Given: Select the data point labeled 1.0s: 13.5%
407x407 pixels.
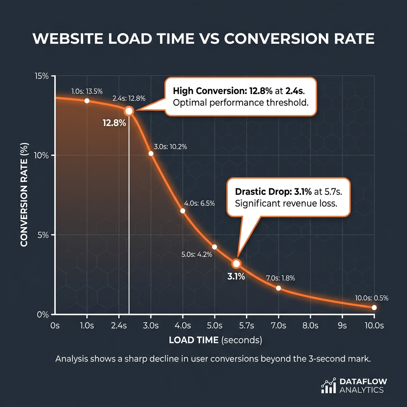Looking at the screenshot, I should pyautogui.click(x=87, y=101).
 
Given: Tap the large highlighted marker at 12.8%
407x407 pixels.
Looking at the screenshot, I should pyautogui.click(x=129, y=111).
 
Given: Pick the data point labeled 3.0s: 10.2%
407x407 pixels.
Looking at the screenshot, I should pyautogui.click(x=151, y=153).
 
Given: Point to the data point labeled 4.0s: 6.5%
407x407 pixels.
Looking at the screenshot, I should pyautogui.click(x=183, y=211).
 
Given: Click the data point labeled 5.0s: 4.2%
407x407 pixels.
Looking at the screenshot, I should pyautogui.click(x=215, y=247).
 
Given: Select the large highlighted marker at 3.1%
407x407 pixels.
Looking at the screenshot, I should pyautogui.click(x=236, y=264).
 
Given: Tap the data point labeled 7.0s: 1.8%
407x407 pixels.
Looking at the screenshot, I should pyautogui.click(x=278, y=288).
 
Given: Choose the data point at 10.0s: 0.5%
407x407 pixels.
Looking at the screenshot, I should pyautogui.click(x=374, y=308).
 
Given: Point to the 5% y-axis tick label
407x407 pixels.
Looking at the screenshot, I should pyautogui.click(x=43, y=235).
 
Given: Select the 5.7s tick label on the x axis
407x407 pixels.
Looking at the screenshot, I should pyautogui.click(x=246, y=326).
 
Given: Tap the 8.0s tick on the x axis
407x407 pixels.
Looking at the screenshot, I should pyautogui.click(x=310, y=326).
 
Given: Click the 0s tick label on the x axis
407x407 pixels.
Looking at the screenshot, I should pyautogui.click(x=55, y=326).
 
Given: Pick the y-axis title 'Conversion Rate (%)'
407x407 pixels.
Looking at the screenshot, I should pyautogui.click(x=24, y=195).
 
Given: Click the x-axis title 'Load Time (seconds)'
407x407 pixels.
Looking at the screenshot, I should pyautogui.click(x=215, y=340).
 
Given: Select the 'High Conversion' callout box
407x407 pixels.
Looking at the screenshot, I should pyautogui.click(x=240, y=96).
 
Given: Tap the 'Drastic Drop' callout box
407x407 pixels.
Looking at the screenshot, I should pyautogui.click(x=288, y=197).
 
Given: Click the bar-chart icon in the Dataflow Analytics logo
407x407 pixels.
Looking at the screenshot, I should pyautogui.click(x=328, y=386).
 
